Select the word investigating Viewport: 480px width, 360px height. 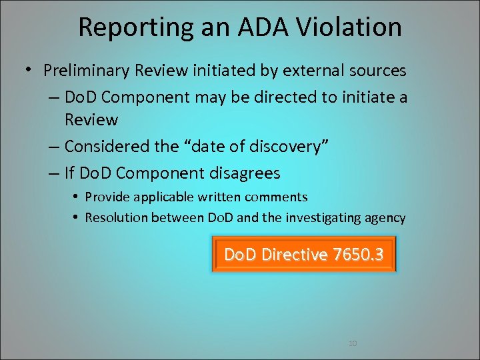tap(329, 218)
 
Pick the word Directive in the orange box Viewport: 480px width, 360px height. tap(295, 255)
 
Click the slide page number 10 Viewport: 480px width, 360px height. tap(353, 343)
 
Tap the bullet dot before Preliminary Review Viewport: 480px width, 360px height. tap(31, 69)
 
